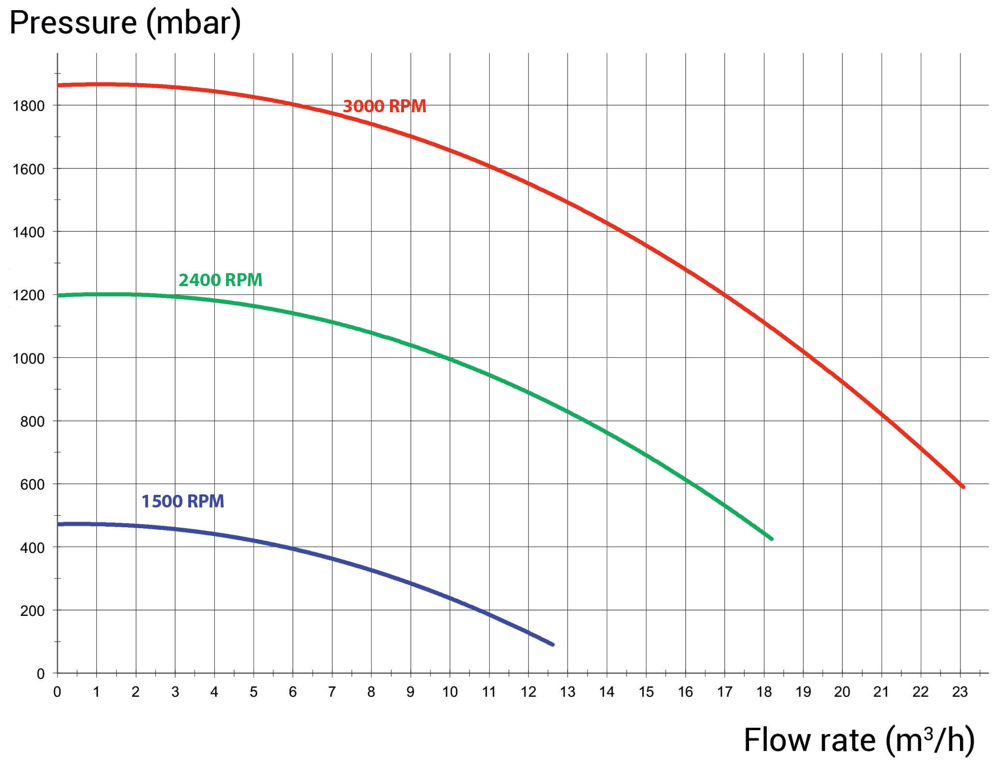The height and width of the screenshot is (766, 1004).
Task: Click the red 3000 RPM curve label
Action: [x=384, y=106]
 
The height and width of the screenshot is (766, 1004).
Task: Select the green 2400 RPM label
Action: [x=220, y=280]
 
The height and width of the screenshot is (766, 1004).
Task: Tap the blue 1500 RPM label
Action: [x=182, y=501]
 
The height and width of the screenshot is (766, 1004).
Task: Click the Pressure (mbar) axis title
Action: [x=125, y=23]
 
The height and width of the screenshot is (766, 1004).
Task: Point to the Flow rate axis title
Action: [x=859, y=740]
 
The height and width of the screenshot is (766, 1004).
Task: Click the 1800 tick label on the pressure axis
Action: [x=29, y=106]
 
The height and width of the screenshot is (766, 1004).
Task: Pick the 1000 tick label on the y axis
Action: [x=29, y=359]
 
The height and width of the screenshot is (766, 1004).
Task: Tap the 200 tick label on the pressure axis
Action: [x=32, y=611]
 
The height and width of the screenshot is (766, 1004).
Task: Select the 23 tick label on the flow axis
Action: [x=959, y=692]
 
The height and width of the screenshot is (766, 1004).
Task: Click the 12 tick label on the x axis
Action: [x=528, y=692]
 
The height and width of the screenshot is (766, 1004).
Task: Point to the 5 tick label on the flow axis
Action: [x=254, y=692]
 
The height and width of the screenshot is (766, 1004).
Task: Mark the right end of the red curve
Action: [x=963, y=487]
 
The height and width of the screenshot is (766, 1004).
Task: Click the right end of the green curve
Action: [x=771, y=538]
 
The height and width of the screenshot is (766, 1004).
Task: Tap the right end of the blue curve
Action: [x=553, y=644]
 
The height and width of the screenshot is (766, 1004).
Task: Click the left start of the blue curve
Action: [x=59, y=524]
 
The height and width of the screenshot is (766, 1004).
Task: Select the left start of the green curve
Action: [x=59, y=295]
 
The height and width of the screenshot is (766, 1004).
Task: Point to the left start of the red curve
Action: [x=59, y=85]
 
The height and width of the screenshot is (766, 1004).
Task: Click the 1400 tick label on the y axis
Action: [x=29, y=232]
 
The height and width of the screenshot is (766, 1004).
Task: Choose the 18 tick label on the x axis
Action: [x=764, y=692]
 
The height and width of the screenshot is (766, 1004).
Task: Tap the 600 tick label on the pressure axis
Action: [x=32, y=485]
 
